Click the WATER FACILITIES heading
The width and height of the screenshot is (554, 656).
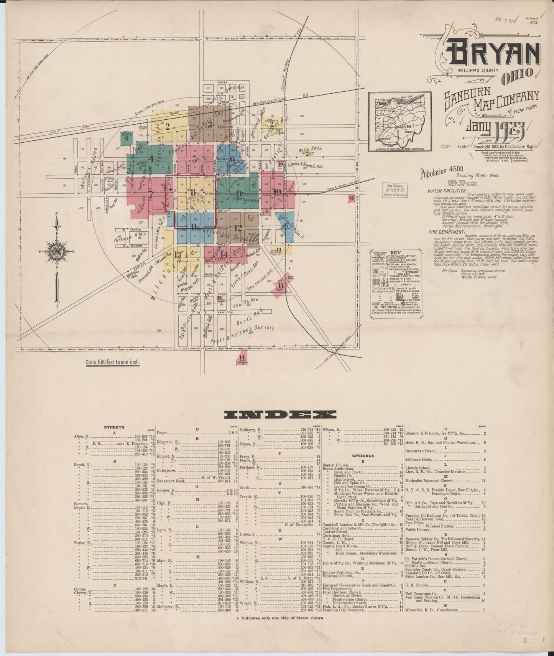[447, 191]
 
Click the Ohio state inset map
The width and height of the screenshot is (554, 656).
[400, 121]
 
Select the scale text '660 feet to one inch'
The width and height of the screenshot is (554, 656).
[113, 362]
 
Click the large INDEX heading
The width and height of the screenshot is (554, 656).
[280, 414]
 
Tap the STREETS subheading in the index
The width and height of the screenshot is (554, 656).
[114, 427]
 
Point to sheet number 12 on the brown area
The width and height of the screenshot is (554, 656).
[238, 227]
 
